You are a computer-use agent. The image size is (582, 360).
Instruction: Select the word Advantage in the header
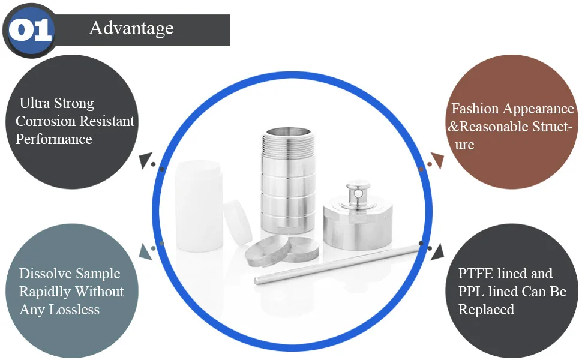tap(131, 28)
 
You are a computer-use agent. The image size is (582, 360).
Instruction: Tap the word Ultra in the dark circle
tap(31, 104)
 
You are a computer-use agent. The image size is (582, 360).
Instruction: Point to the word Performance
tap(54, 139)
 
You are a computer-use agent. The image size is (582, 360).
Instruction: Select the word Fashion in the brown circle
tap(475, 109)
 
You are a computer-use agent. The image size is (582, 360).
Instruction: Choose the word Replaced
tap(487, 310)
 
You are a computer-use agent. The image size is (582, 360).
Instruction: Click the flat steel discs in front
tap(282, 249)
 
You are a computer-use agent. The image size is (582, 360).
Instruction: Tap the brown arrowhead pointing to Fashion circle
tap(436, 161)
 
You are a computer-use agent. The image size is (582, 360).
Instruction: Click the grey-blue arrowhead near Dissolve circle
tap(145, 251)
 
